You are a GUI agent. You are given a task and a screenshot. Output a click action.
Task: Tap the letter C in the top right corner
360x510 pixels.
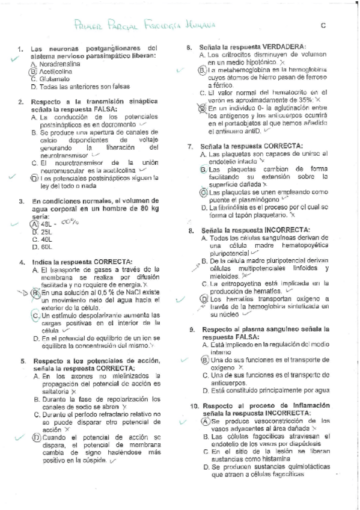(323, 25)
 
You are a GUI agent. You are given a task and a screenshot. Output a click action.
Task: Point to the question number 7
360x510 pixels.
(189, 146)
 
